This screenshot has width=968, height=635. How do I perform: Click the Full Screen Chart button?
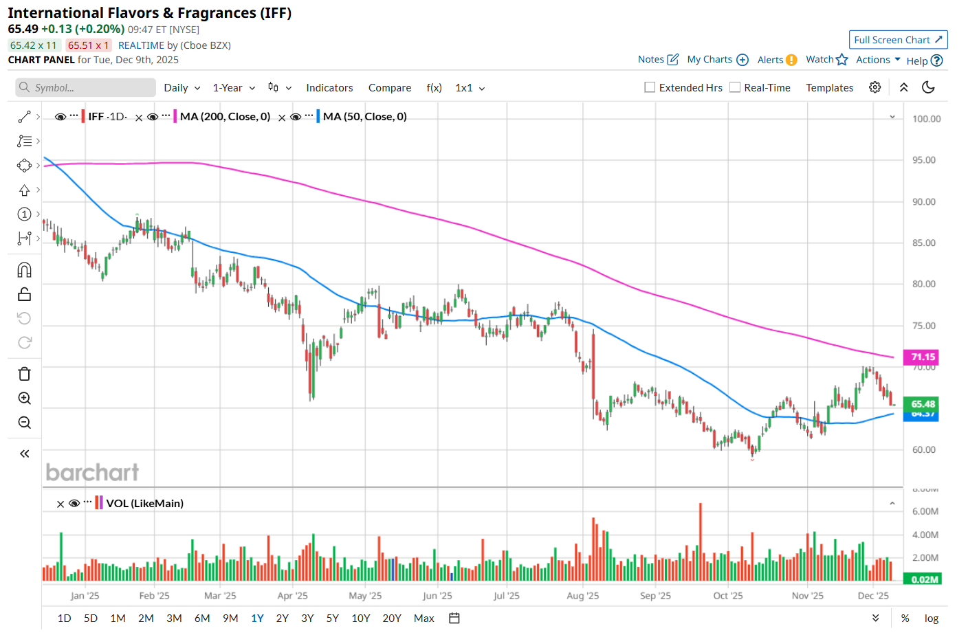tap(898, 40)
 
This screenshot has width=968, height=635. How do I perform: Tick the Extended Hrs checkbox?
tap(650, 87)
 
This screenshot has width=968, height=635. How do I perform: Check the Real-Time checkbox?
tap(735, 87)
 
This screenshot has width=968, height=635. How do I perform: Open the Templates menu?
tap(829, 88)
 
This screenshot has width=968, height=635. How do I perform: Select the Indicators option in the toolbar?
tap(329, 88)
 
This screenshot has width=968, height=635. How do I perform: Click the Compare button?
tap(389, 88)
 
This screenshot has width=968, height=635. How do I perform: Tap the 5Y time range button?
tap(333, 619)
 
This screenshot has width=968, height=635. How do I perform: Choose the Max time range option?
tap(423, 619)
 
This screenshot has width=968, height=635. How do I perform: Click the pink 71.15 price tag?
tap(923, 357)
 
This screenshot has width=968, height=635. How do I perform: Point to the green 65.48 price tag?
tap(923, 403)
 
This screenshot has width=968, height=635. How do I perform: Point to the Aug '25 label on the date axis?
tap(582, 596)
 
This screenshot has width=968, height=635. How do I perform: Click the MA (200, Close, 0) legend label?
tap(225, 117)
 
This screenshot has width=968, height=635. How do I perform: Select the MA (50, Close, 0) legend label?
tap(364, 117)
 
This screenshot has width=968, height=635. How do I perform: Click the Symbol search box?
tap(86, 88)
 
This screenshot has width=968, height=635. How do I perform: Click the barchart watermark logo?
tap(92, 472)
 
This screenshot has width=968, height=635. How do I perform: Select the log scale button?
tap(931, 619)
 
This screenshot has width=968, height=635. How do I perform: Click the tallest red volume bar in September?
tap(701, 543)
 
